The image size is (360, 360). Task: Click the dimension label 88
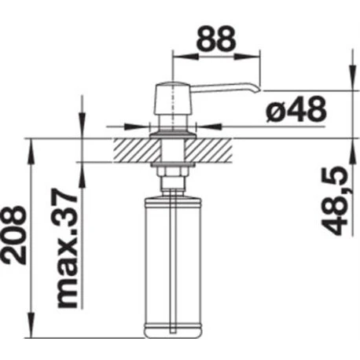click(x=216, y=40)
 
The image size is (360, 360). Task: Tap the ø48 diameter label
click(x=296, y=110)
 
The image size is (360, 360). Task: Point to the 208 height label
click(x=14, y=235)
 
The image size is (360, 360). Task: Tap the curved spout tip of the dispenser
click(x=256, y=90)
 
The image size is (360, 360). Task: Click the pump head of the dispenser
click(x=173, y=98)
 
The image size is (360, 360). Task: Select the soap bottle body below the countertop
click(x=173, y=268)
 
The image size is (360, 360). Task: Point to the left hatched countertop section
click(x=137, y=150)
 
